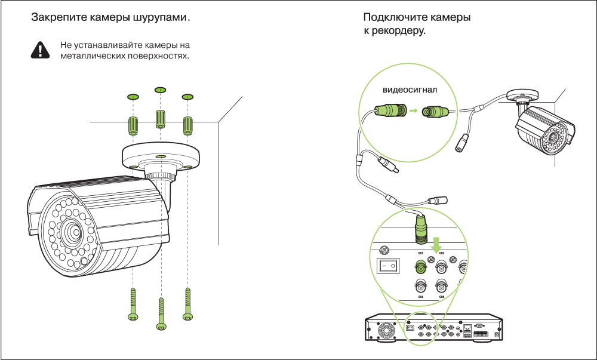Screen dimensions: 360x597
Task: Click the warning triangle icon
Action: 40,50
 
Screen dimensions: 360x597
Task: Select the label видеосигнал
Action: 410,90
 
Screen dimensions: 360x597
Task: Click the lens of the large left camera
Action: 73,231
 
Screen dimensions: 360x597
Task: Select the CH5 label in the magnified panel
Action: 420,296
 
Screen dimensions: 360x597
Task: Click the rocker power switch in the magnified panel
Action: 389,264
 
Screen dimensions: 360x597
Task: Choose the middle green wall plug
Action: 160,118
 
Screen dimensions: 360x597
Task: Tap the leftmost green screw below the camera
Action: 133,304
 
